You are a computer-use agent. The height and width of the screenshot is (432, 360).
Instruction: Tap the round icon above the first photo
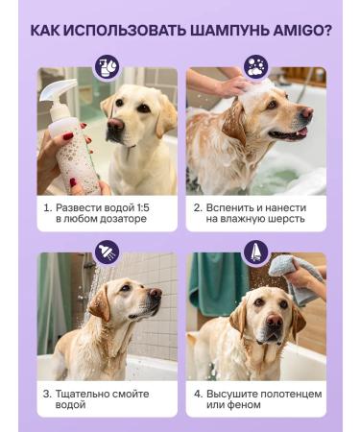coord(107,67)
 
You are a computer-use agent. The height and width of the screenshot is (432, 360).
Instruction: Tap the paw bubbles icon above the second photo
coord(255,67)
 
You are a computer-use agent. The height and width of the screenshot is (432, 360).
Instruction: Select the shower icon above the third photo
coord(107,252)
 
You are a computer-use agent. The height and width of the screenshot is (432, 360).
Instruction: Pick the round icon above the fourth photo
coord(255,252)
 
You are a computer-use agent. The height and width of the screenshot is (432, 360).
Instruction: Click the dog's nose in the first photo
coord(115,125)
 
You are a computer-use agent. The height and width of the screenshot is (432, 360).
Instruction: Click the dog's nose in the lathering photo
coord(305,112)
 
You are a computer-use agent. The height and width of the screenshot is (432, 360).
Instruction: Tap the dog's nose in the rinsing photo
coord(155,294)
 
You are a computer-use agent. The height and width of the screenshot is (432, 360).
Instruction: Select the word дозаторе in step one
coord(120,220)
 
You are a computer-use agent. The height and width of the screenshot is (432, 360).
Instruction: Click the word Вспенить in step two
coord(230,206)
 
